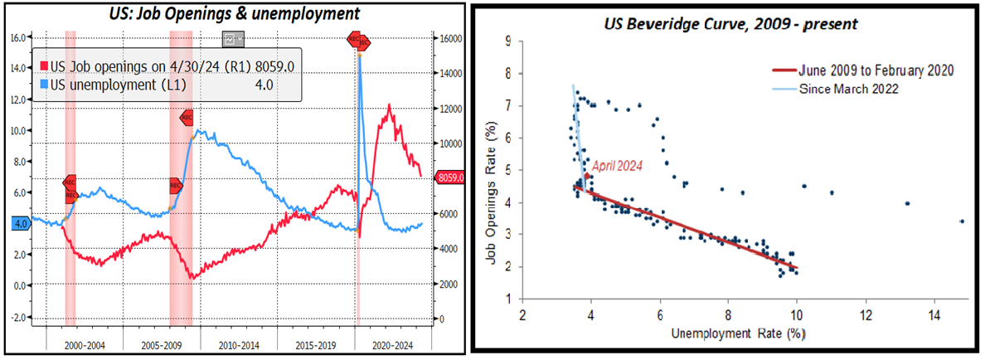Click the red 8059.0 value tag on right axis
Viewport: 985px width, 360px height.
click(451, 177)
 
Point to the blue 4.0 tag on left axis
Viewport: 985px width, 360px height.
click(20, 223)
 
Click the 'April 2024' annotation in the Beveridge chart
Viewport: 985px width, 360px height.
click(617, 165)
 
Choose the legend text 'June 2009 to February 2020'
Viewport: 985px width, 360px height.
click(875, 71)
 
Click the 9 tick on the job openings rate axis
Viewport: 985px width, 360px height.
click(507, 40)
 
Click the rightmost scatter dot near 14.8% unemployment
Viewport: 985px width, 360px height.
click(961, 221)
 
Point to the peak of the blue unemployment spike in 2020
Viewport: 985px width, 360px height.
click(359, 55)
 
